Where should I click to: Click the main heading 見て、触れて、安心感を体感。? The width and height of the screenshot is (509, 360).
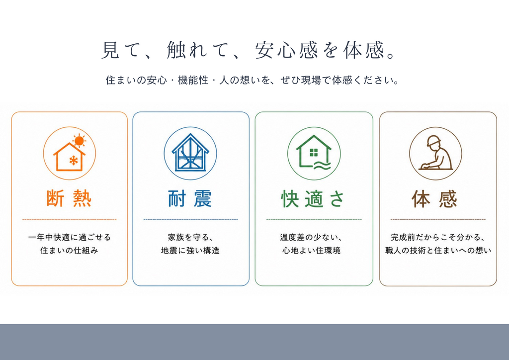click(249, 50)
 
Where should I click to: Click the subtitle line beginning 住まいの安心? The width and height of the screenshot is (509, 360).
click(252, 80)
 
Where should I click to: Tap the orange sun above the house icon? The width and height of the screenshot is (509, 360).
click(79, 141)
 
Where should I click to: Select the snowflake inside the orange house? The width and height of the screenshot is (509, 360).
click(74, 161)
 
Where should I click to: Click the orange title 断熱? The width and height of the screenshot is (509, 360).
click(69, 198)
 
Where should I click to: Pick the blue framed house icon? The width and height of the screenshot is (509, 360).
click(190, 153)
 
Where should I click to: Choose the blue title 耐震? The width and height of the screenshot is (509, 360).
click(190, 198)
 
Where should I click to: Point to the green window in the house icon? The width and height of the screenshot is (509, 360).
click(314, 153)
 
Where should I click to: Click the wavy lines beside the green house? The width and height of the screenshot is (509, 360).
click(322, 166)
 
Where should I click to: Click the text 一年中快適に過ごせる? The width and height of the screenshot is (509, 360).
click(70, 237)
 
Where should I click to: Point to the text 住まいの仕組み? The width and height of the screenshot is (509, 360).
click(69, 250)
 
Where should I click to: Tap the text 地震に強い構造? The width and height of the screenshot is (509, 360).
click(190, 250)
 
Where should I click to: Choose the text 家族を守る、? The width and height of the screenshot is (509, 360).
click(191, 237)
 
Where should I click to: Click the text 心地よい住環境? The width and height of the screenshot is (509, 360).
click(311, 250)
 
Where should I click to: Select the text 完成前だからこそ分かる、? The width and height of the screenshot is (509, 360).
click(438, 237)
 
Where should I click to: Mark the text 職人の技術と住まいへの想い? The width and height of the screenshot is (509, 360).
click(438, 250)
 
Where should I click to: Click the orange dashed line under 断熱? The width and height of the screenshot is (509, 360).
click(69, 220)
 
